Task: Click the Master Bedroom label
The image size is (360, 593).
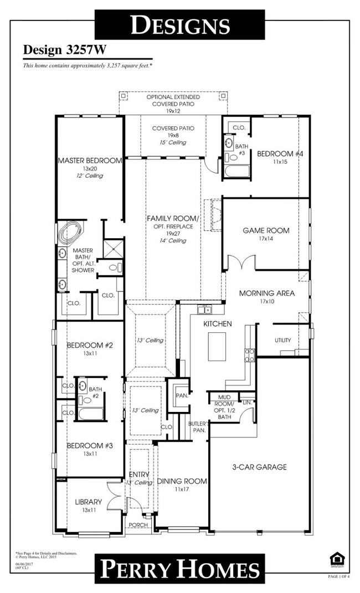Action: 89,161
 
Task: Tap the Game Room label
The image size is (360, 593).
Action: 266,230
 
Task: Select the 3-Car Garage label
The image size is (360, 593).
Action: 259,467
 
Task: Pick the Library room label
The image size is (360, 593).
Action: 89,502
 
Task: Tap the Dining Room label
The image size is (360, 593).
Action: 182,481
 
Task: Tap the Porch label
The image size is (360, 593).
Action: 137,525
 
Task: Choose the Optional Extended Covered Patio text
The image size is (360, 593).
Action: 173,100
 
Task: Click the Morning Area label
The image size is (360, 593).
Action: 266,293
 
